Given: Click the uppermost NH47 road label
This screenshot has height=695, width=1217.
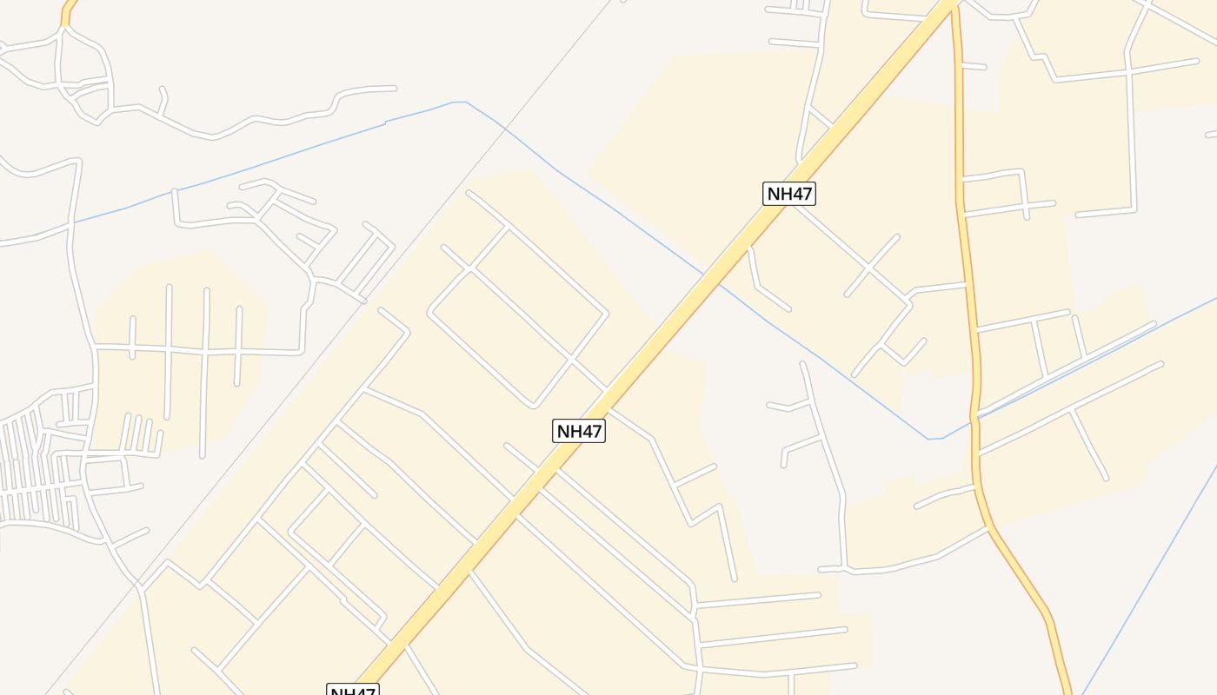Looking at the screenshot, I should [789, 194].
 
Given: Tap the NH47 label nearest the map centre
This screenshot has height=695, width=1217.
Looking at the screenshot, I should [579, 431].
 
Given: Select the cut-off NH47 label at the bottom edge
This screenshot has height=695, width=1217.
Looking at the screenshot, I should [353, 691].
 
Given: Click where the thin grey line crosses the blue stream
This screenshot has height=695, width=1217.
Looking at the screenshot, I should [505, 129].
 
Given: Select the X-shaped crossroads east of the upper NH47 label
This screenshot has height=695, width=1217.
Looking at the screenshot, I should [870, 266].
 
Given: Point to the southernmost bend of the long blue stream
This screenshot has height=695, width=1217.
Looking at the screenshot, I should [934, 439].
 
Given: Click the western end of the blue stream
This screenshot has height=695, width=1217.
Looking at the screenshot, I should [76, 222].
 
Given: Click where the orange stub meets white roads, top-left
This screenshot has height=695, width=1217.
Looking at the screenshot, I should [63, 28].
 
